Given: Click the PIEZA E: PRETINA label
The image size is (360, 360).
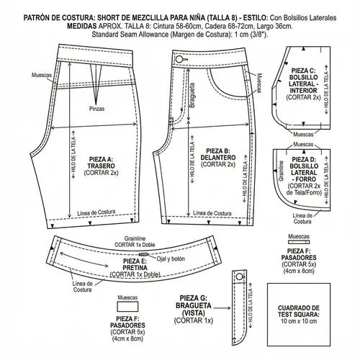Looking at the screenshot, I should [130, 270].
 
